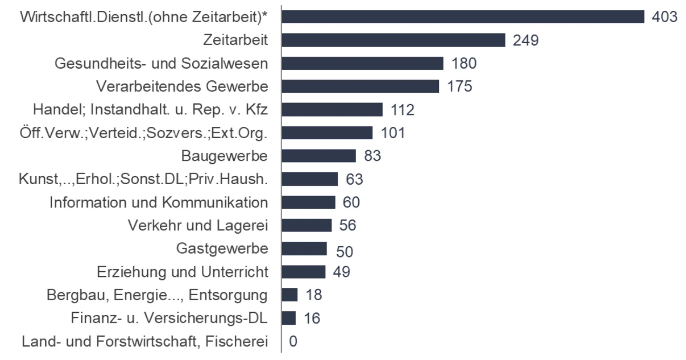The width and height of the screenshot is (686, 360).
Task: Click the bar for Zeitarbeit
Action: point(393,40)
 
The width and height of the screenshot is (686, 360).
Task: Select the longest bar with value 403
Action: point(463,17)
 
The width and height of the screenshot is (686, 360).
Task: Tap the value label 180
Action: point(464,63)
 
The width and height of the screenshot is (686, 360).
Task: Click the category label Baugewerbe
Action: point(224,156)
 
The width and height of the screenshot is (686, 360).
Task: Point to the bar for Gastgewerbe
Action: point(304,249)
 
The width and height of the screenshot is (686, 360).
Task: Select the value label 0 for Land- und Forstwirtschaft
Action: point(293,341)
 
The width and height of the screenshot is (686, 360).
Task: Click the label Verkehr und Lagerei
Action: point(198,225)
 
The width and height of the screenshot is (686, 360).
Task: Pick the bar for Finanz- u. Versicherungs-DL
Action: point(289,318)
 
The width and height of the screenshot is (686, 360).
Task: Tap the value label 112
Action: point(402,110)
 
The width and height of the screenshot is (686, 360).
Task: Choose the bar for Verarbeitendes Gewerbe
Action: point(360,86)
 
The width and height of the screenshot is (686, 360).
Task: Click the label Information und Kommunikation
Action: point(158,202)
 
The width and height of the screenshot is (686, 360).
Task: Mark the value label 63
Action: point(354,179)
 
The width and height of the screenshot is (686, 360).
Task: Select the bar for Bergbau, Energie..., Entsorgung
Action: point(289,295)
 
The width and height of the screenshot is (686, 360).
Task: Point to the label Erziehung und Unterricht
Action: point(182,272)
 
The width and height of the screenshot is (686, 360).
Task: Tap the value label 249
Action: point(526,40)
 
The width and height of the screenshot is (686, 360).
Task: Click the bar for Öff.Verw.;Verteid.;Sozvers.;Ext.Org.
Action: point(327,133)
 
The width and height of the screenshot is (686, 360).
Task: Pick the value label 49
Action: point(341,272)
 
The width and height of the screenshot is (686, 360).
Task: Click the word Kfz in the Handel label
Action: point(257,110)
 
